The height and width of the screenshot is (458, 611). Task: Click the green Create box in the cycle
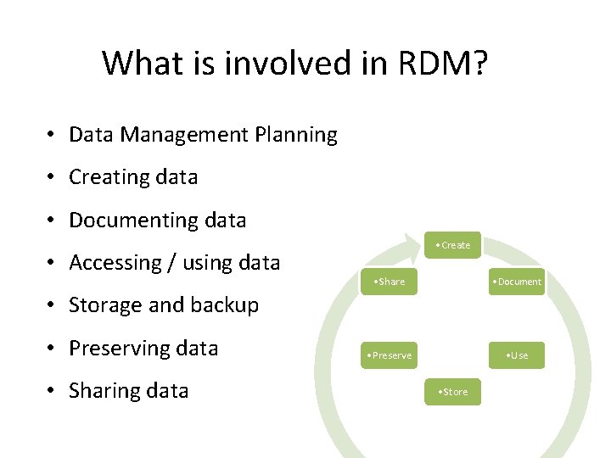pos(452,245)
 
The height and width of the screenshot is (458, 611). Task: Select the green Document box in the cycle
pos(516,282)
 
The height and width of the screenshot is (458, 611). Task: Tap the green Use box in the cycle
pos(516,355)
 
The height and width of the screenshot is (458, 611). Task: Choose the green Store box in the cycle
pos(452,392)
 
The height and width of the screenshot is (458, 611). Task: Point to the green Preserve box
pos(388,355)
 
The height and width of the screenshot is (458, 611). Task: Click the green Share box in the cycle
pos(388,282)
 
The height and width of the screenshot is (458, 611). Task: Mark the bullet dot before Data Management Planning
pos(53,136)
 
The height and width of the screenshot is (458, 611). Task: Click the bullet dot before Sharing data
pos(53,392)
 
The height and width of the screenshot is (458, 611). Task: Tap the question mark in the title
pos(479,63)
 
